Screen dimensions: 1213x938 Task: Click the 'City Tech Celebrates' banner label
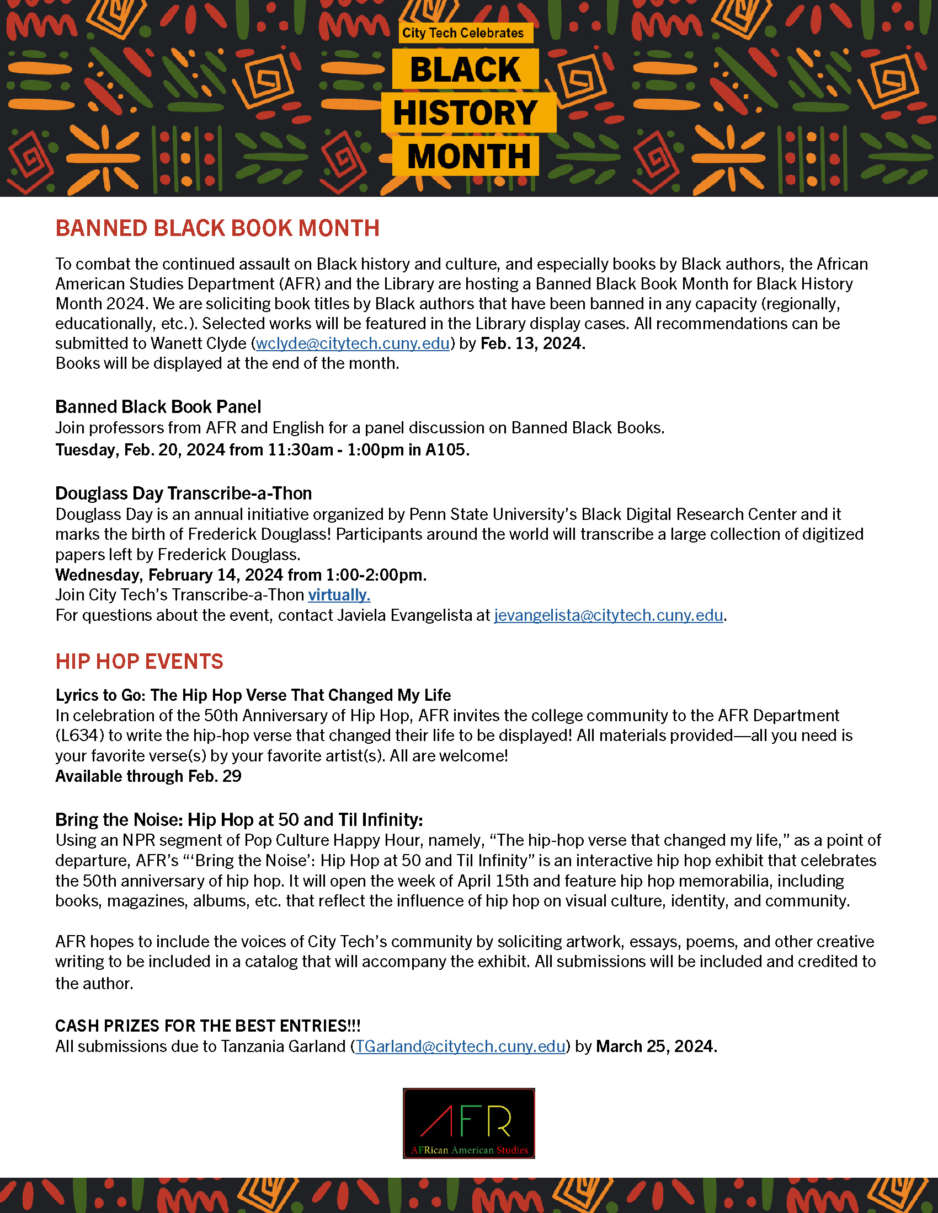[x=463, y=33]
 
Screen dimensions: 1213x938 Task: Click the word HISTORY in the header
[x=466, y=112]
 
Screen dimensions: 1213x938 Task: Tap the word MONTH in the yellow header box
[x=468, y=157]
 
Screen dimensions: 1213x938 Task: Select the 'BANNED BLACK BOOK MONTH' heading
[x=217, y=228]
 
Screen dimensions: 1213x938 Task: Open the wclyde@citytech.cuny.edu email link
[x=353, y=344]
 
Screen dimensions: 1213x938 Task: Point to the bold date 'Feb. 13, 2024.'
[x=532, y=344]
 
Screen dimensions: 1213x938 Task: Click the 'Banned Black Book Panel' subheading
[x=158, y=407]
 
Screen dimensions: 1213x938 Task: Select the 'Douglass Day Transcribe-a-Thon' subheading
[x=183, y=494]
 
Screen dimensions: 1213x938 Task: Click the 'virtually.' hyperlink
[x=339, y=595]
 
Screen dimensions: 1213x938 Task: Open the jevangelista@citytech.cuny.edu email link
[x=609, y=615]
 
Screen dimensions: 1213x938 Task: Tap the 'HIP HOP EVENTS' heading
[x=139, y=662]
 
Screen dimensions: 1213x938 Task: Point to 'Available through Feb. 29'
[x=148, y=776]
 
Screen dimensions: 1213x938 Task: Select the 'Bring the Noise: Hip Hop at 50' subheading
[x=239, y=820]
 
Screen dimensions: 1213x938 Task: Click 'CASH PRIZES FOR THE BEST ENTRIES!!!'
[x=208, y=1026]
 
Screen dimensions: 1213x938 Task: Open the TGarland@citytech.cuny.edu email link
[x=460, y=1046]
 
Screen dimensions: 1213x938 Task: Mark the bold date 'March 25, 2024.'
[x=656, y=1046]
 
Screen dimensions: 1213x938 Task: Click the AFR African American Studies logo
[x=468, y=1123]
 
